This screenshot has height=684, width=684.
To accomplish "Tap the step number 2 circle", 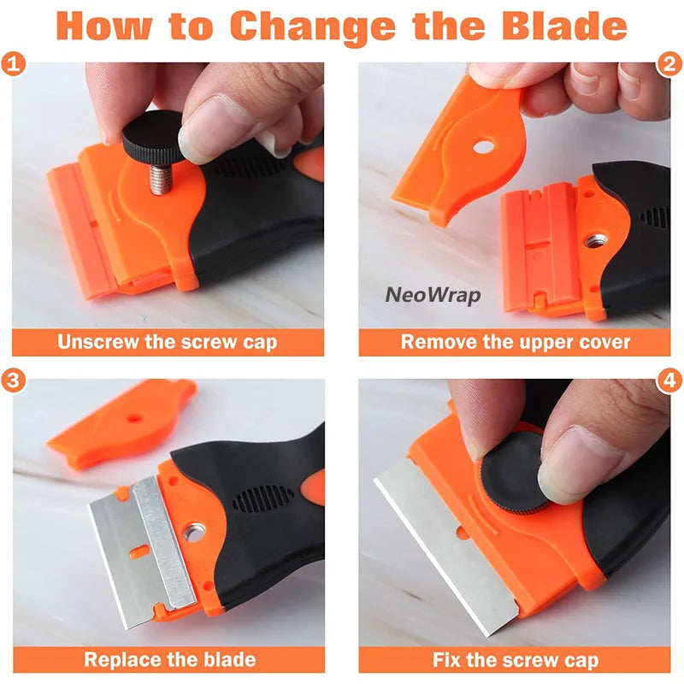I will point(669,64).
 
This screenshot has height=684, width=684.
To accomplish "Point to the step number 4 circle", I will point(669,380).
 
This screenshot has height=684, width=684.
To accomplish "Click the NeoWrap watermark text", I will point(433,296).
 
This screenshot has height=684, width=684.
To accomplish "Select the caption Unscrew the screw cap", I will point(168,343).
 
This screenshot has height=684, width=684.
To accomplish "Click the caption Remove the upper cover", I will point(515,343).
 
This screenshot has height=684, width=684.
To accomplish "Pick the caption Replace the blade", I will point(169,659).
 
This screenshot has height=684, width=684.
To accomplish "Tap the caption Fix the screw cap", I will point(515,659).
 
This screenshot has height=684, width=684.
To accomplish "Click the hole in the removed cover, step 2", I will point(483,146).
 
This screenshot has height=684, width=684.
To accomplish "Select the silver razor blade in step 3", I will point(141,547).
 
